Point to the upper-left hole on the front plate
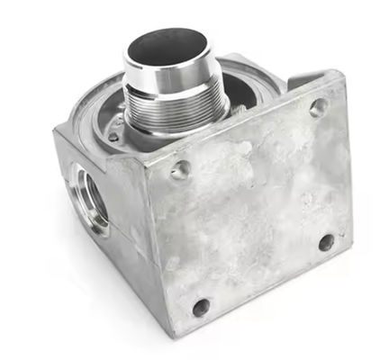coord(181,169)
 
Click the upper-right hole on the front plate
coord(317,107)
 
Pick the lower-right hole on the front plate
coord(326,241)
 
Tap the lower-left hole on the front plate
coord(201,307)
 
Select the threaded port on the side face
coord(93,198)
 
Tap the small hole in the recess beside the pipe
coord(114,137)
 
